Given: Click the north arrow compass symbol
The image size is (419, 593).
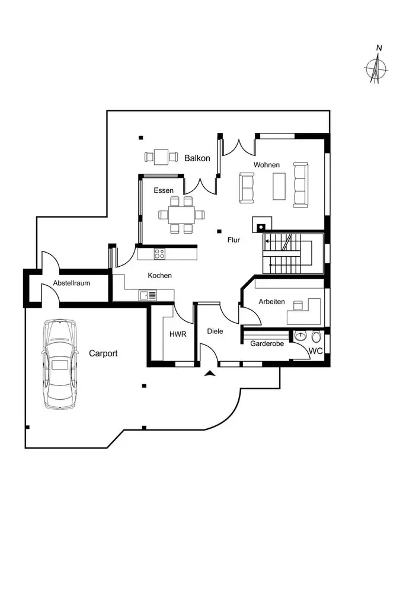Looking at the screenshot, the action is click(x=376, y=66).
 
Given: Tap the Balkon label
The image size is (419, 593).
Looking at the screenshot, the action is click(x=197, y=158).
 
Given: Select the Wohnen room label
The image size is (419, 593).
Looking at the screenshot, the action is click(x=266, y=165).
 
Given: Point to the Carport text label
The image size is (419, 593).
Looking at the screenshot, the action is click(x=103, y=353).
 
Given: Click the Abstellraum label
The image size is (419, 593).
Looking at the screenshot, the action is click(x=72, y=283).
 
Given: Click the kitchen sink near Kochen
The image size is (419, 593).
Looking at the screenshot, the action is click(x=148, y=295).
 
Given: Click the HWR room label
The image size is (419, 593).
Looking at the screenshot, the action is click(x=177, y=334).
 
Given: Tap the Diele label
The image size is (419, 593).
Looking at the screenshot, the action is click(x=215, y=331).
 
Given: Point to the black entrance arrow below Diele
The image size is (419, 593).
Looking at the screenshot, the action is click(x=209, y=374).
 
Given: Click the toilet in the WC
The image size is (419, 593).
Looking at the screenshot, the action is click(x=316, y=337).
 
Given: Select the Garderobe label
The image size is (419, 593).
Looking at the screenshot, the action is click(x=267, y=344).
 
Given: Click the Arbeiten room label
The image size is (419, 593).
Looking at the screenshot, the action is click(x=271, y=302).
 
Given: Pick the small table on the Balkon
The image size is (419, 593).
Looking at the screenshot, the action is click(x=160, y=157).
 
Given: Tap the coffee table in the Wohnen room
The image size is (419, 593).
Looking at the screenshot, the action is click(x=278, y=186).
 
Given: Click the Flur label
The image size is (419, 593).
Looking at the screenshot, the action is click(x=233, y=241).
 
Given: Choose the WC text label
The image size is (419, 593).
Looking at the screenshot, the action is click(x=315, y=351).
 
